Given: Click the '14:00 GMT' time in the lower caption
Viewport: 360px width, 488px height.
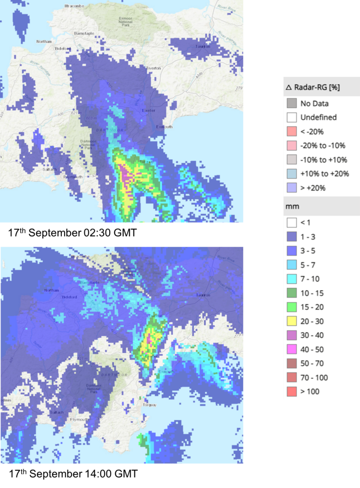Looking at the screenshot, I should click(x=112, y=474).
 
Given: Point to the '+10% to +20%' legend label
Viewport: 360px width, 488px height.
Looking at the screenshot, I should click(x=324, y=174).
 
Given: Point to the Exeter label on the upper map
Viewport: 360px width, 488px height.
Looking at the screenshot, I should click(x=149, y=111).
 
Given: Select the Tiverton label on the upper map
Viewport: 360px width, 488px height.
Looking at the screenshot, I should click(x=153, y=68).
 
